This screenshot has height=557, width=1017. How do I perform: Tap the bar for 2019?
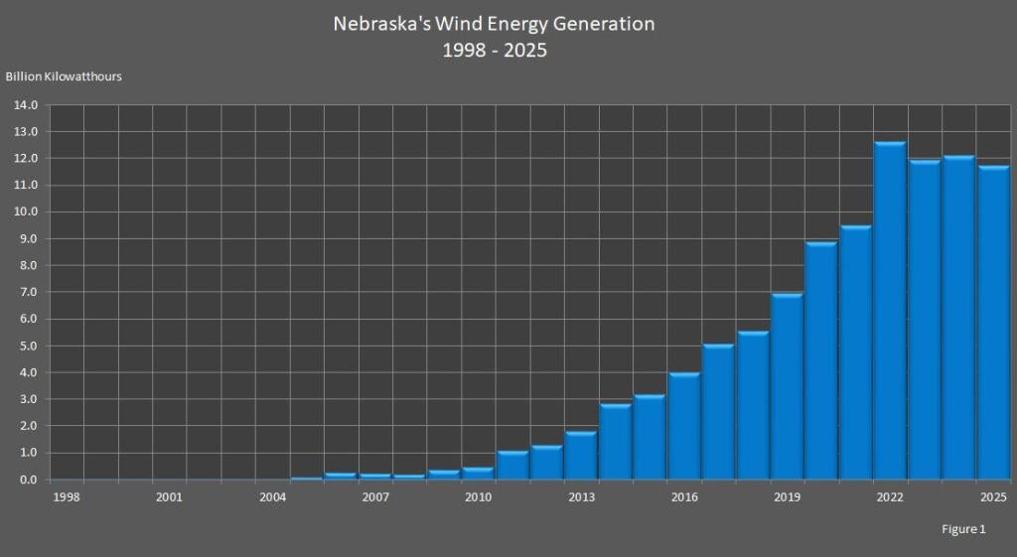(787, 386)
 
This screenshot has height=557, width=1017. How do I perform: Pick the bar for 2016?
(684, 426)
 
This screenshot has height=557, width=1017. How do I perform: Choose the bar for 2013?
(581, 456)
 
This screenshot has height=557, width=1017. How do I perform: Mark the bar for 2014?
(616, 442)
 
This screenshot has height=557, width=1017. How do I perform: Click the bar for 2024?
(958, 318)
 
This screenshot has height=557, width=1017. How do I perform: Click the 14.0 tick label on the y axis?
(25, 105)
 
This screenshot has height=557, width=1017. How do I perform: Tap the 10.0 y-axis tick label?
(25, 212)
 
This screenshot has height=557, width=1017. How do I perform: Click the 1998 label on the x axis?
(66, 496)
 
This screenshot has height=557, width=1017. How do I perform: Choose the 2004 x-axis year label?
(272, 496)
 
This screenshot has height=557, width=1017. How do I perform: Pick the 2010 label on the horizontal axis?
(479, 496)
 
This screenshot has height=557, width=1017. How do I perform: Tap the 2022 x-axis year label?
(890, 496)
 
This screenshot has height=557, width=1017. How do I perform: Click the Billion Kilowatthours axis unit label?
(64, 76)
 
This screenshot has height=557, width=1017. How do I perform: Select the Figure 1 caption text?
(963, 529)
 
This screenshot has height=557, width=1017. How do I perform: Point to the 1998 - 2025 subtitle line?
(495, 50)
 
